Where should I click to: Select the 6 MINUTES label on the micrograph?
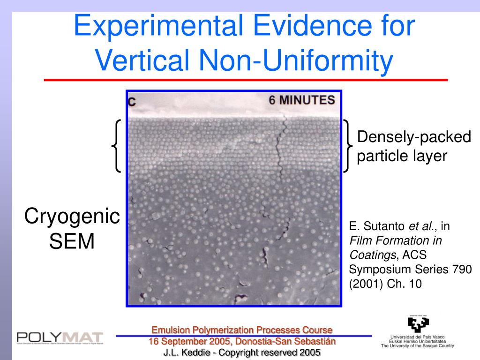click(302, 100)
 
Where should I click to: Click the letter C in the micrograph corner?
click(132, 102)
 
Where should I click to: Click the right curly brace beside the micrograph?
click(348, 146)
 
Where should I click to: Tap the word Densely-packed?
click(414, 137)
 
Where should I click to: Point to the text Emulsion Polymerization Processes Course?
click(242, 330)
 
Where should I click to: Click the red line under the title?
click(246, 80)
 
